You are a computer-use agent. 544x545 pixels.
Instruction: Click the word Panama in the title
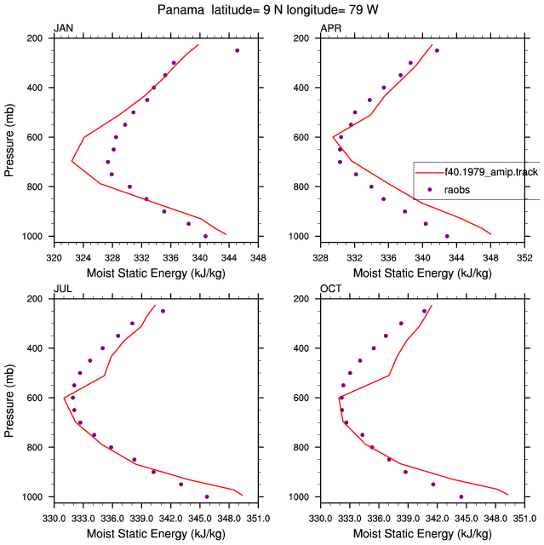[180, 9]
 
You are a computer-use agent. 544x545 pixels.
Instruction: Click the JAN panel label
[64, 28]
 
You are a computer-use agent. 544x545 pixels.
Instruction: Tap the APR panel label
[330, 28]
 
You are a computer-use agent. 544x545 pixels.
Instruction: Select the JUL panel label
[63, 289]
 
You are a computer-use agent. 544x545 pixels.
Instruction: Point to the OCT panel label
[330, 289]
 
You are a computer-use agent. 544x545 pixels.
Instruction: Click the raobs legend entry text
[457, 190]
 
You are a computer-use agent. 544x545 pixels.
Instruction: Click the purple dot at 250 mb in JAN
[238, 50]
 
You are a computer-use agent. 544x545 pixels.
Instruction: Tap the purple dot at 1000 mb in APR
[447, 237]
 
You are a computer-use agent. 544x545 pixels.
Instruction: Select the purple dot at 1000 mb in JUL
[207, 496]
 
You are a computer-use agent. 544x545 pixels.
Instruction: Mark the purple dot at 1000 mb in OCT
[461, 496]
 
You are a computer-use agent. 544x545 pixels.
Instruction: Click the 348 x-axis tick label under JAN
[258, 258]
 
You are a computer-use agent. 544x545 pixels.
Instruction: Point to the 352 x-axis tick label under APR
[524, 258]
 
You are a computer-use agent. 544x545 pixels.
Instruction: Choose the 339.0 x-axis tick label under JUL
[141, 519]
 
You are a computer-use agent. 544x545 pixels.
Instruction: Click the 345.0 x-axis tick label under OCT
[467, 519]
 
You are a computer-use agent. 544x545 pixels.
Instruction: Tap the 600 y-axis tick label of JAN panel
[35, 137]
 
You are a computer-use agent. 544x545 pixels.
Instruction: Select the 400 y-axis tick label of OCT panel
[301, 348]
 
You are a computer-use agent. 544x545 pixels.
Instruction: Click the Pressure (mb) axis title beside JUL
[9, 400]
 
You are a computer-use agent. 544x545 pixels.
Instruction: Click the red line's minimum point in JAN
[72, 161]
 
